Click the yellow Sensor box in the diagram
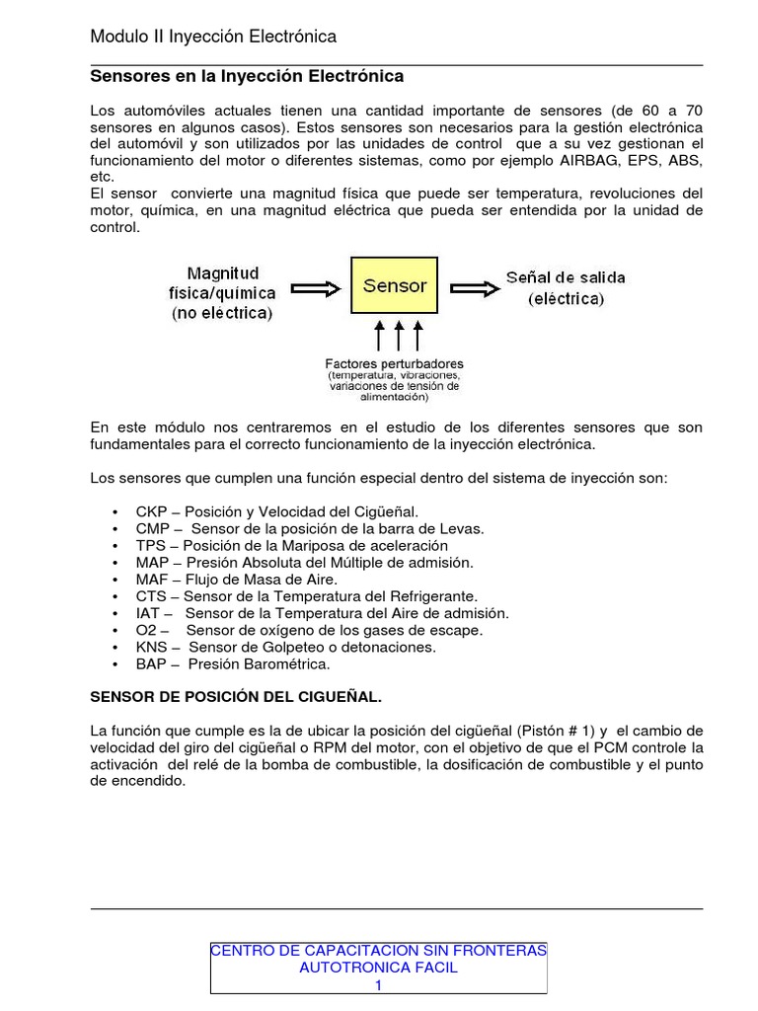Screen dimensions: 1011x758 (x=395, y=286)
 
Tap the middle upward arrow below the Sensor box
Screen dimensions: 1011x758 (x=399, y=336)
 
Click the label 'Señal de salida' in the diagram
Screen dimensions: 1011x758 (x=566, y=277)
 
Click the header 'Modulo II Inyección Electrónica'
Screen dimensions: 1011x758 (x=213, y=37)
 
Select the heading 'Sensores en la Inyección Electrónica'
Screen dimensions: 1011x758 (x=247, y=76)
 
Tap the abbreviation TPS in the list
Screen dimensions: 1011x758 (x=151, y=545)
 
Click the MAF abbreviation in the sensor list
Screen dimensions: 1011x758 (x=152, y=580)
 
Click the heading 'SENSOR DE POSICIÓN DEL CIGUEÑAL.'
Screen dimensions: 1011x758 (x=235, y=697)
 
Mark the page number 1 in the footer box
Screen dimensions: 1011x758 (x=378, y=985)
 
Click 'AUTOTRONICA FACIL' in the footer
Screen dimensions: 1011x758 (x=378, y=968)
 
